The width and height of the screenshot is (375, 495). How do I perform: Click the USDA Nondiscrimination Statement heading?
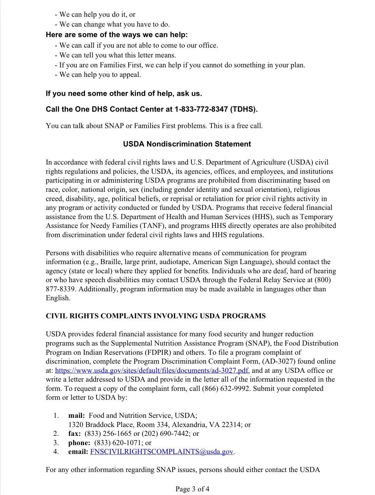[187, 144]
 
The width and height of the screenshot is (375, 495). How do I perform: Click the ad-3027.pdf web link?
[152, 371]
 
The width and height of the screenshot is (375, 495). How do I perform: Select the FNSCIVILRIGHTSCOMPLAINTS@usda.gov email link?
[161, 452]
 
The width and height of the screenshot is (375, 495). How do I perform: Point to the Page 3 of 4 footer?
[192, 489]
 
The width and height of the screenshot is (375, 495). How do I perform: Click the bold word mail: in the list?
[76, 415]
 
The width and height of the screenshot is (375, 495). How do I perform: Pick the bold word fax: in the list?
[74, 434]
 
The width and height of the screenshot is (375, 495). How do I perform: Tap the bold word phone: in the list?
[79, 442]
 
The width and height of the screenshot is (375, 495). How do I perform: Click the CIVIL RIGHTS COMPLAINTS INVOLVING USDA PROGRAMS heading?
[156, 316]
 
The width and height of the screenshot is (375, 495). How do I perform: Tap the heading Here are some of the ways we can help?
[117, 35]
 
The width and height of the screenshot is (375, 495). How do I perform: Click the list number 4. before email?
[56, 452]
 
